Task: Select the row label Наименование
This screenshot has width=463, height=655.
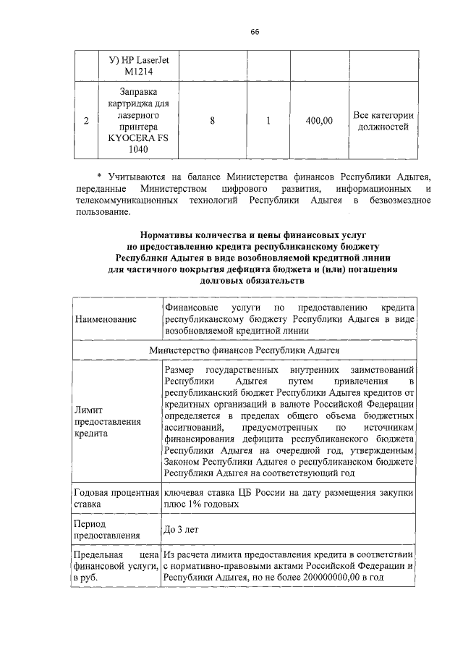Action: [x=106, y=318]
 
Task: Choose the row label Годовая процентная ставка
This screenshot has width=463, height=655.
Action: [x=116, y=498]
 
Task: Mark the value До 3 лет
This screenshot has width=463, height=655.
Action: [x=182, y=529]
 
